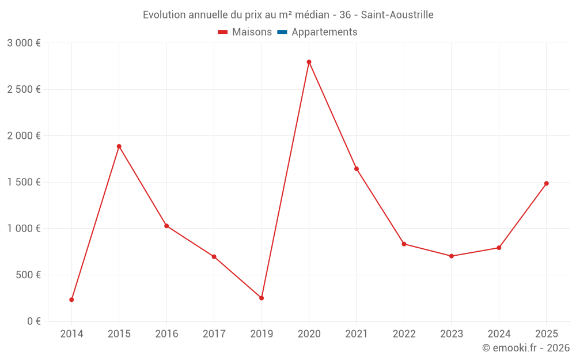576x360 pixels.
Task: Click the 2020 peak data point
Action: [309, 62]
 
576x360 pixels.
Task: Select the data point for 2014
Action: [71, 300]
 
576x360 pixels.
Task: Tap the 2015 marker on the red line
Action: [119, 146]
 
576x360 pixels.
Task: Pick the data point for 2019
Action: [262, 298]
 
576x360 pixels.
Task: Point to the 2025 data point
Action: [546, 183]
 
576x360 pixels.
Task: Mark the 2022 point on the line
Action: [404, 244]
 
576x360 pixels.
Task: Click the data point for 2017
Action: [214, 257]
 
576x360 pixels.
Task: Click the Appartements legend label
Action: [324, 32]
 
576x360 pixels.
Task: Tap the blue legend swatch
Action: [282, 32]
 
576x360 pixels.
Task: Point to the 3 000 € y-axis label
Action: [24, 43]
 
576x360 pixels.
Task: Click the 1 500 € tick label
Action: [24, 182]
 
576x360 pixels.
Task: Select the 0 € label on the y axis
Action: [34, 321]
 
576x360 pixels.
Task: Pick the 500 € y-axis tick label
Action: [28, 275]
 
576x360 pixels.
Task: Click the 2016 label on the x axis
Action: [167, 334]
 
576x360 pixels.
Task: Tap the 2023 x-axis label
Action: [452, 334]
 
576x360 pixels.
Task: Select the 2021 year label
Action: [357, 334]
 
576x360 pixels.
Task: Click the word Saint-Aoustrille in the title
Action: [397, 15]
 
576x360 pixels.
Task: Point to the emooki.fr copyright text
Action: [526, 347]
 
